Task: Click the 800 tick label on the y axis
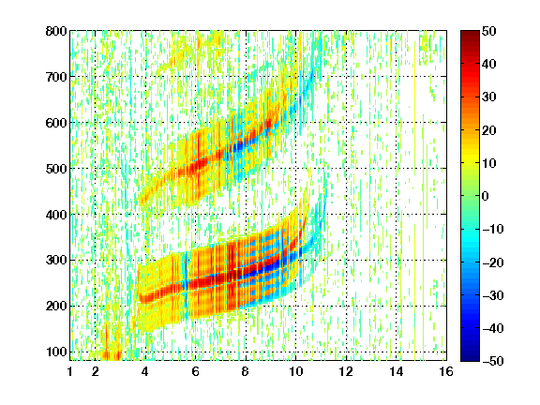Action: click(56, 31)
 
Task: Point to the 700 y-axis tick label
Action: click(56, 77)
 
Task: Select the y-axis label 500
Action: click(56, 169)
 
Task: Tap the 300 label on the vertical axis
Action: click(56, 261)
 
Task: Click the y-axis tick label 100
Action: click(56, 352)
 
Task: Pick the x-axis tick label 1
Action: click(70, 371)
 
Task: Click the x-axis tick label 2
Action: click(95, 371)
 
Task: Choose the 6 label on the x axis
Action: click(195, 371)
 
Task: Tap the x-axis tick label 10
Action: click(295, 371)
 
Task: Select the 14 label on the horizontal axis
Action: click(396, 371)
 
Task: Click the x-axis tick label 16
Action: click(446, 371)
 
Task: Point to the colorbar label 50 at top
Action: click(489, 31)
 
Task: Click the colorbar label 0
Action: click(486, 196)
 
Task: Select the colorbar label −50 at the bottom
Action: click(492, 361)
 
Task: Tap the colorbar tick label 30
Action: click(489, 97)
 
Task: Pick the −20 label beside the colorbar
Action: click(492, 262)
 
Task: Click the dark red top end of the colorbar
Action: click(470, 33)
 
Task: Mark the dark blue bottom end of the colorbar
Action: click(470, 359)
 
